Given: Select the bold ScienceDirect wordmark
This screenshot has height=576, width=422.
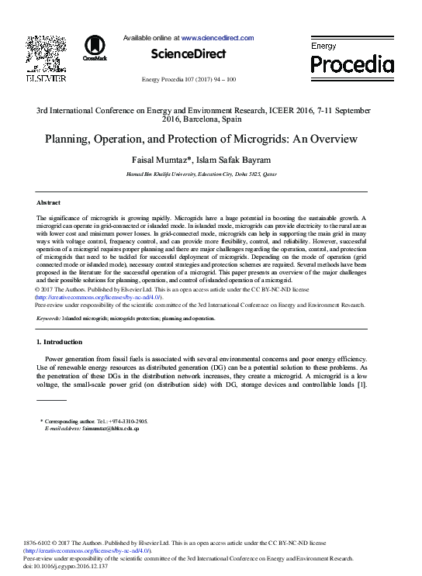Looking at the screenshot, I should point(188,54).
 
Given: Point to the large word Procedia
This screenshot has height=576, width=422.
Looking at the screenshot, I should point(352,64).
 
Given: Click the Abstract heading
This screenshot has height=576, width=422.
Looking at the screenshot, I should point(48,202).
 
